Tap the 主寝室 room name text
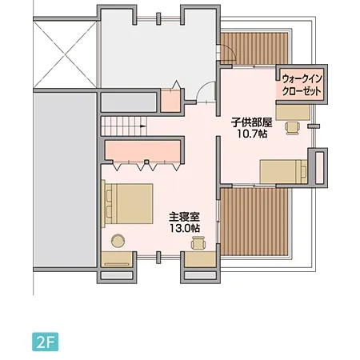click(x=183, y=216)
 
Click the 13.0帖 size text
click(x=183, y=228)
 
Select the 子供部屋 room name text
click(x=252, y=122)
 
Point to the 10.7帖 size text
click(x=252, y=134)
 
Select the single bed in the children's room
click(x=284, y=170)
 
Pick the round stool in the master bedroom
click(x=118, y=239)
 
